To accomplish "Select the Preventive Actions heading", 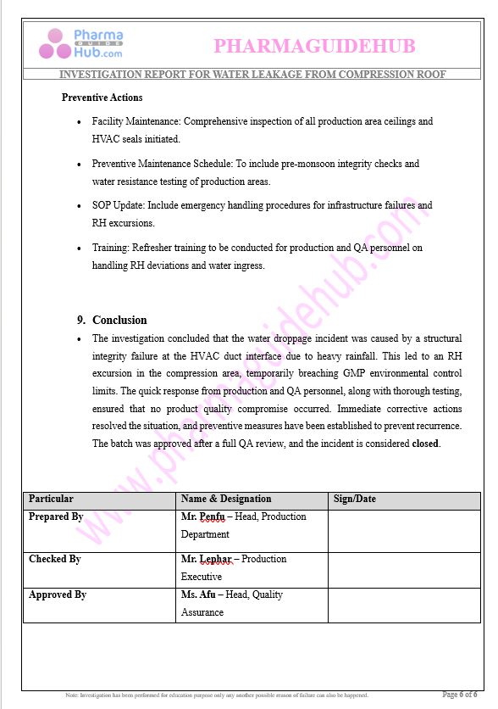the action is (102, 98).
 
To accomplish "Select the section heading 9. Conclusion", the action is (112, 320).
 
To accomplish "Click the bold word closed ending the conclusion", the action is (426, 444).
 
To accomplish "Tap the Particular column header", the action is (52, 499).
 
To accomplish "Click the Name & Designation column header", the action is (226, 499).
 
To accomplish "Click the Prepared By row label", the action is (56, 516).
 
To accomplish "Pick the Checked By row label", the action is (55, 559).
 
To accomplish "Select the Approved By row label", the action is (58, 595).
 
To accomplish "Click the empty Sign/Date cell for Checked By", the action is (403, 567).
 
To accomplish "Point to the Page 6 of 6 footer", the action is (459, 695).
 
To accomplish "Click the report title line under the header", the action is (246, 75).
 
